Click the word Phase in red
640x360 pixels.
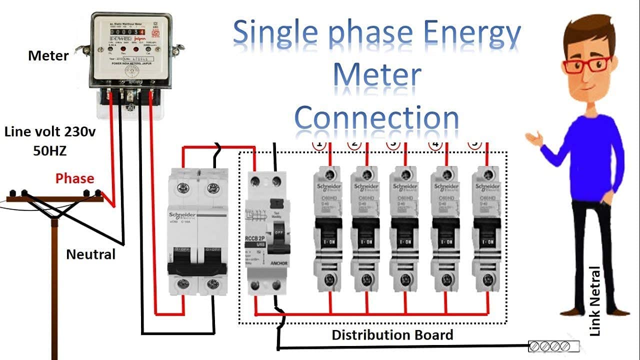(x=74, y=178)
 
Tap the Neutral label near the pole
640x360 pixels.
(x=90, y=254)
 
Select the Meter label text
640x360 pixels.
(x=48, y=55)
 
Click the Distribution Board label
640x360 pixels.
(x=392, y=334)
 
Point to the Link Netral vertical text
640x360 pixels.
(x=595, y=301)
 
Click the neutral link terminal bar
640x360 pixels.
(x=554, y=345)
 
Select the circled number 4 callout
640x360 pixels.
(x=436, y=145)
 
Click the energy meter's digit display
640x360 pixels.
(x=125, y=31)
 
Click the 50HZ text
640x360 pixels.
(x=49, y=150)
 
